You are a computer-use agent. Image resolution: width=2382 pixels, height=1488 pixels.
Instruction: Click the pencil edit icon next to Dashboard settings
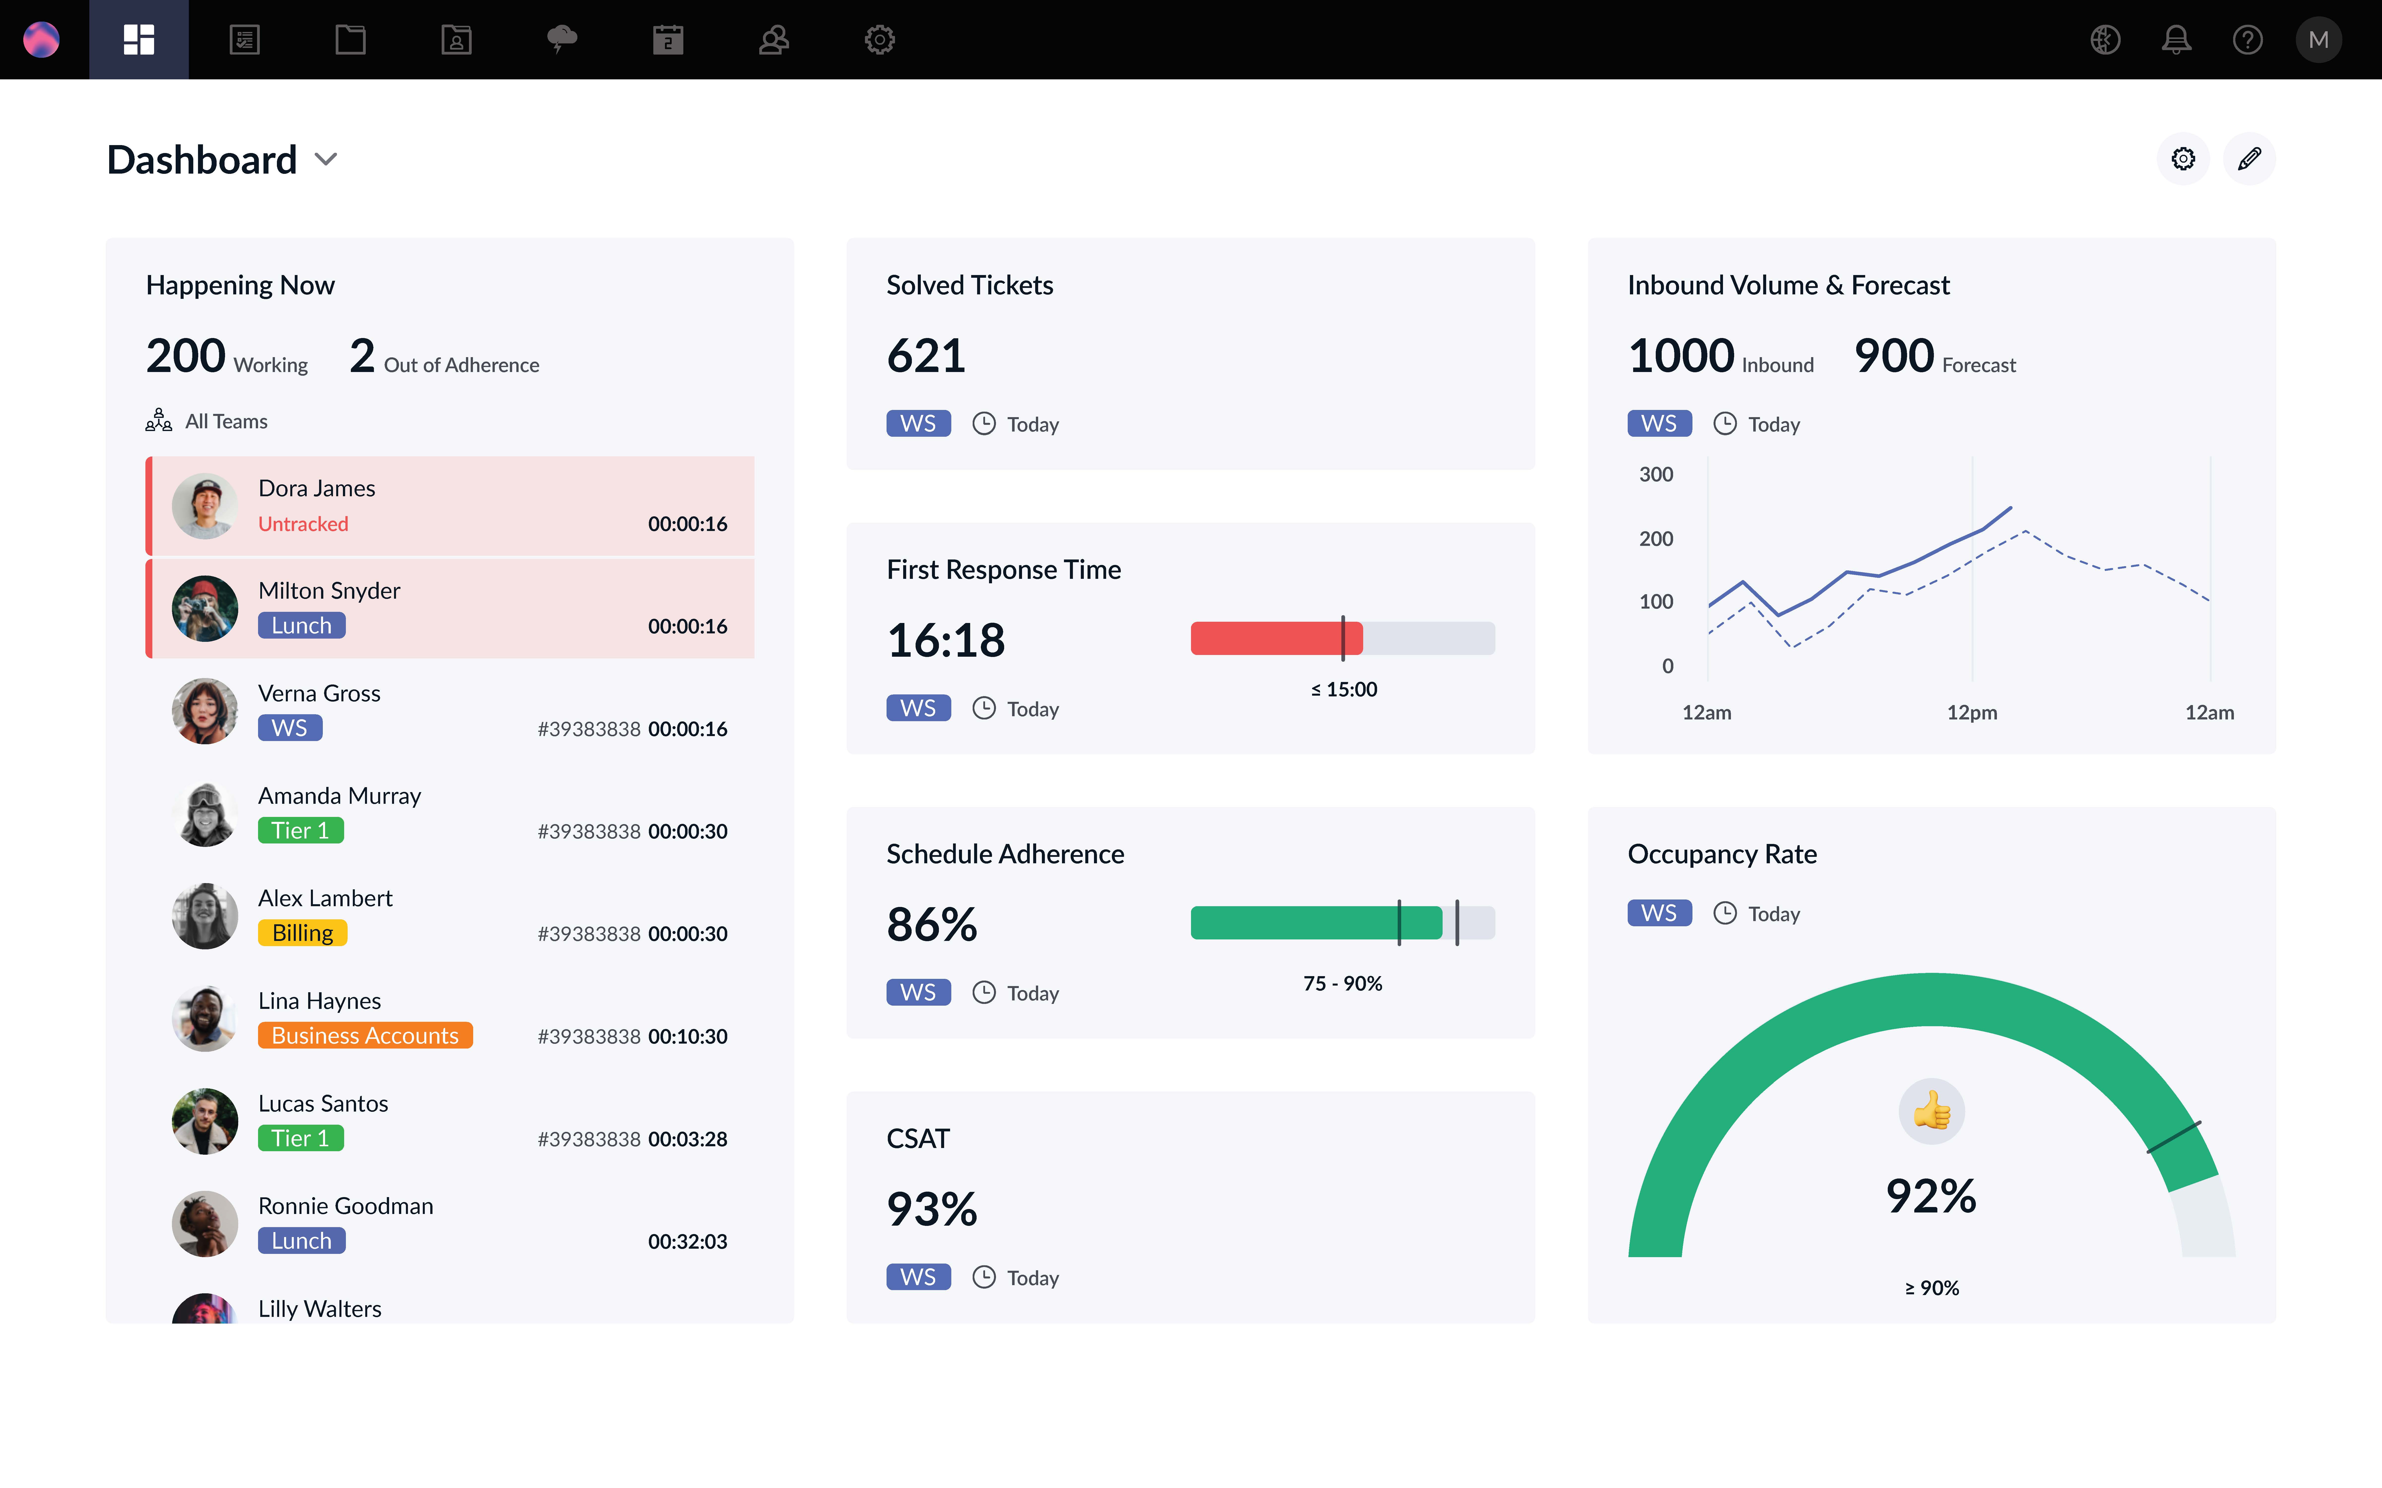point(2249,158)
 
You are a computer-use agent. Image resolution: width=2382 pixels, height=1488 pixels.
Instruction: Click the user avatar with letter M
point(2318,39)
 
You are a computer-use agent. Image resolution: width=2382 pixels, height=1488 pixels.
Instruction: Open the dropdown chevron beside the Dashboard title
point(326,159)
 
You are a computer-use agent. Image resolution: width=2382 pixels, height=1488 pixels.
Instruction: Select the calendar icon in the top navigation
point(667,39)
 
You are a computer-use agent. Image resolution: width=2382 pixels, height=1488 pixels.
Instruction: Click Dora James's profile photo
point(205,506)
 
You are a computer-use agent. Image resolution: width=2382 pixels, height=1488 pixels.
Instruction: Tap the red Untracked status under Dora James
point(303,524)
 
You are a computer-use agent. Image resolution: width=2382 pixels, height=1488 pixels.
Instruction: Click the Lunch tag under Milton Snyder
point(301,626)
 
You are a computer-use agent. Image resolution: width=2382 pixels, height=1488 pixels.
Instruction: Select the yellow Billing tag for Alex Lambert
point(302,933)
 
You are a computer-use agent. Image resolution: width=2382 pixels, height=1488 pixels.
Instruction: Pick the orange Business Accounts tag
point(365,1035)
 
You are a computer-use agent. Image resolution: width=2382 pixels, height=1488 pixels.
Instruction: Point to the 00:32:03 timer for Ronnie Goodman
point(687,1241)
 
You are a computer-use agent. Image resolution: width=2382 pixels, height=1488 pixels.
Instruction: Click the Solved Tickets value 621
point(925,355)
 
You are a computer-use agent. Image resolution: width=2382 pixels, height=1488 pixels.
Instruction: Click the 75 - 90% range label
point(1343,983)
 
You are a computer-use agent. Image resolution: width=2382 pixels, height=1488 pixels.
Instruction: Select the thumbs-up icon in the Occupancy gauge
point(1931,1111)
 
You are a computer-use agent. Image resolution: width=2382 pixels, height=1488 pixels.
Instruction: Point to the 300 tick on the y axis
point(1655,474)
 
